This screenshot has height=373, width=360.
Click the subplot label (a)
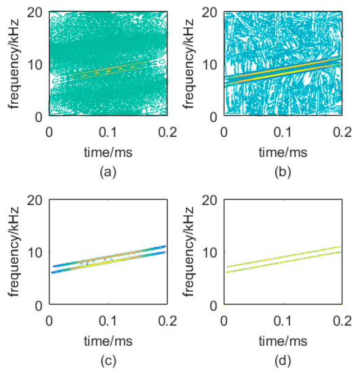pos(106,172)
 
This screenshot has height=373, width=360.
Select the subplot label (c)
pos(106,361)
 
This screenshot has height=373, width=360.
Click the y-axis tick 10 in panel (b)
pos(214,65)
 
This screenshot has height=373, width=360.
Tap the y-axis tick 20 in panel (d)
pos(214,201)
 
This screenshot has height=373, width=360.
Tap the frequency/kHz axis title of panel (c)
pos(20,252)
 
